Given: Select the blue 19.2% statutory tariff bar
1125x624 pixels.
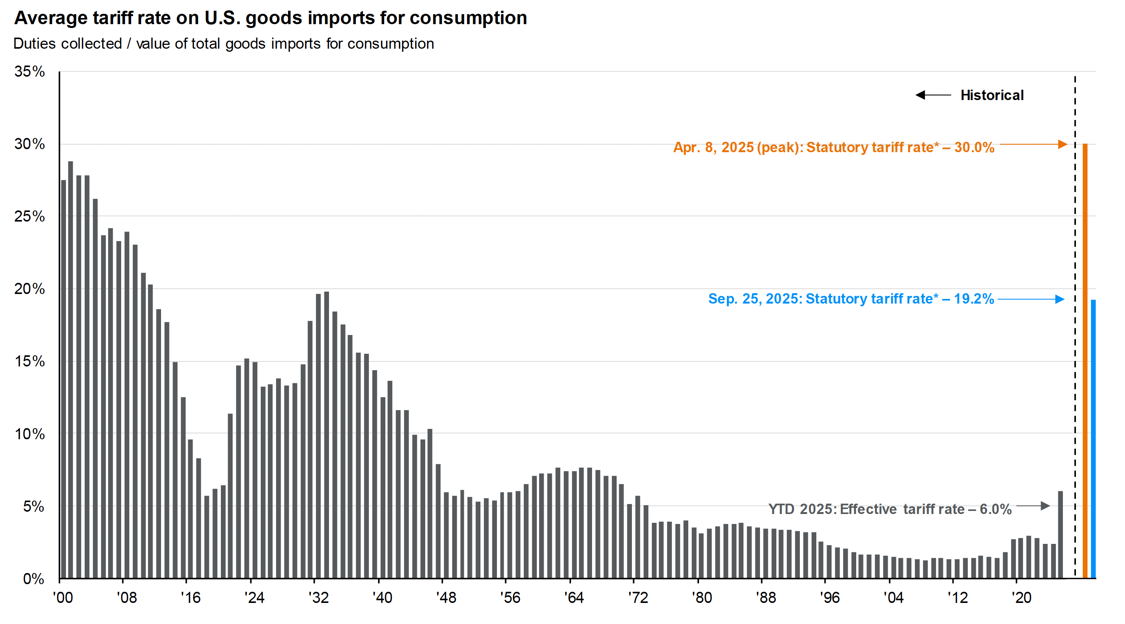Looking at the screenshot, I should pos(1093,439).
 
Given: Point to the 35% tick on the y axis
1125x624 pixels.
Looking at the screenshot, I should pos(29,71).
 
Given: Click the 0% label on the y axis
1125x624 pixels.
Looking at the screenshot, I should pos(33,579).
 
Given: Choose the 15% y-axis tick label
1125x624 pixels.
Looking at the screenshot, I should pos(29,361).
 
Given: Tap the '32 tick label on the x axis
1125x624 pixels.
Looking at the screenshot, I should pos(318,598).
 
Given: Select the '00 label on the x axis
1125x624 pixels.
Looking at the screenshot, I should pos(63,598).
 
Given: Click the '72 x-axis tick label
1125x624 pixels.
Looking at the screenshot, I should pos(638,598).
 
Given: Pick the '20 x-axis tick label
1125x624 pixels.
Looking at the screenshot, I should pos(1021,598).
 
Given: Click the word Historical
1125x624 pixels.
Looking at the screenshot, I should pos(992,95).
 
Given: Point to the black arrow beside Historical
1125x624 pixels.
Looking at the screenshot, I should pos(933,95).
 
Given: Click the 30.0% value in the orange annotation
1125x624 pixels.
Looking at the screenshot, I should pos(974,148).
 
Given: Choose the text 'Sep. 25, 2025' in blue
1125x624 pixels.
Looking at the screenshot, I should pos(755,299).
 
